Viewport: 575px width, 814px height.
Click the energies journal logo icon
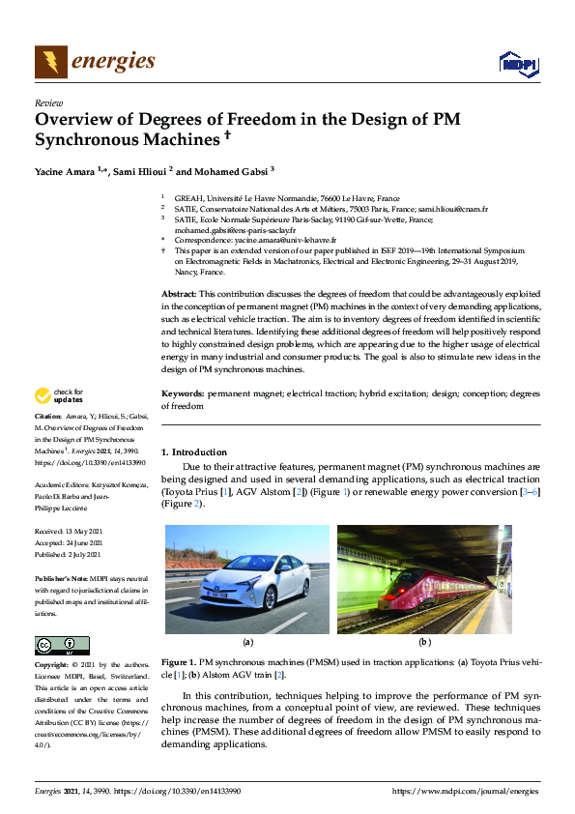tap(51, 62)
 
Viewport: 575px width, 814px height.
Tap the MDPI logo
tap(518, 64)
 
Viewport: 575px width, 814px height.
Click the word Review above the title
tap(48, 102)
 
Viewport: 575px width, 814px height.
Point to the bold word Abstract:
tap(178, 292)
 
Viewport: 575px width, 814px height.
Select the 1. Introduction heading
tap(194, 452)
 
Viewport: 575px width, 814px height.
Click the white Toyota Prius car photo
tap(247, 578)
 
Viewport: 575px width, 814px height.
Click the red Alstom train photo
tap(424, 578)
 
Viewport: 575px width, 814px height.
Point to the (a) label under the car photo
tap(247, 642)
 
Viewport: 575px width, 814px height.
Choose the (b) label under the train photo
tap(424, 642)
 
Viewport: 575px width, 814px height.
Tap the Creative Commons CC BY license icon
tap(62, 645)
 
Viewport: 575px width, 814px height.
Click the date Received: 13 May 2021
tap(74, 533)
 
